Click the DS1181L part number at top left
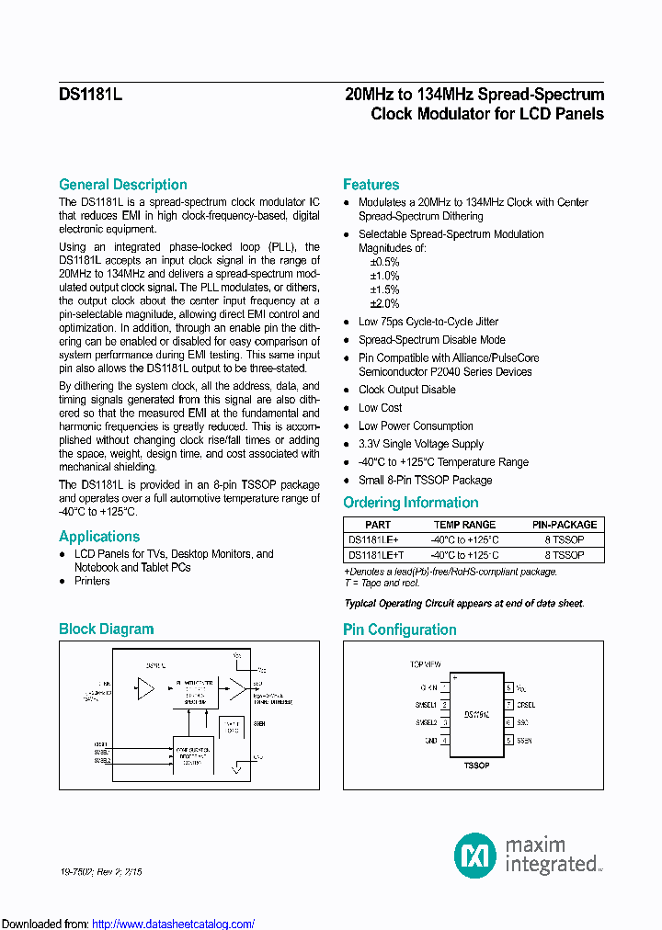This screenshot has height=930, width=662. click(90, 94)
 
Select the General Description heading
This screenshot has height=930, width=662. click(123, 184)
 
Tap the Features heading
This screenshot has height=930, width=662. click(371, 184)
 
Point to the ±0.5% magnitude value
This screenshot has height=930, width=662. click(384, 262)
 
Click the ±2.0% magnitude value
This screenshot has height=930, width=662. click(384, 303)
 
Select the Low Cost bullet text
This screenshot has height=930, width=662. click(380, 407)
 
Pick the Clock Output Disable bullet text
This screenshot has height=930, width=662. click(406, 389)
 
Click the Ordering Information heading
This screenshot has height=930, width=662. click(410, 503)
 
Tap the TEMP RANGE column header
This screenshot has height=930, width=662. click(464, 525)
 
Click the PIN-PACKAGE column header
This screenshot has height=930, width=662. click(565, 525)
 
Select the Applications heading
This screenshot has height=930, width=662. click(99, 537)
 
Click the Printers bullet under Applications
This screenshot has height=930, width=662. click(92, 581)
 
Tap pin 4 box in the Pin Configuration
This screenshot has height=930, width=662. click(445, 740)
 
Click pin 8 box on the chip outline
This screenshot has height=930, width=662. click(508, 687)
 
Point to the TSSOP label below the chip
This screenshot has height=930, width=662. click(476, 763)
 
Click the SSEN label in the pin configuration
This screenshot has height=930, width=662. click(525, 740)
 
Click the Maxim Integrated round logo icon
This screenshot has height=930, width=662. click(475, 855)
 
